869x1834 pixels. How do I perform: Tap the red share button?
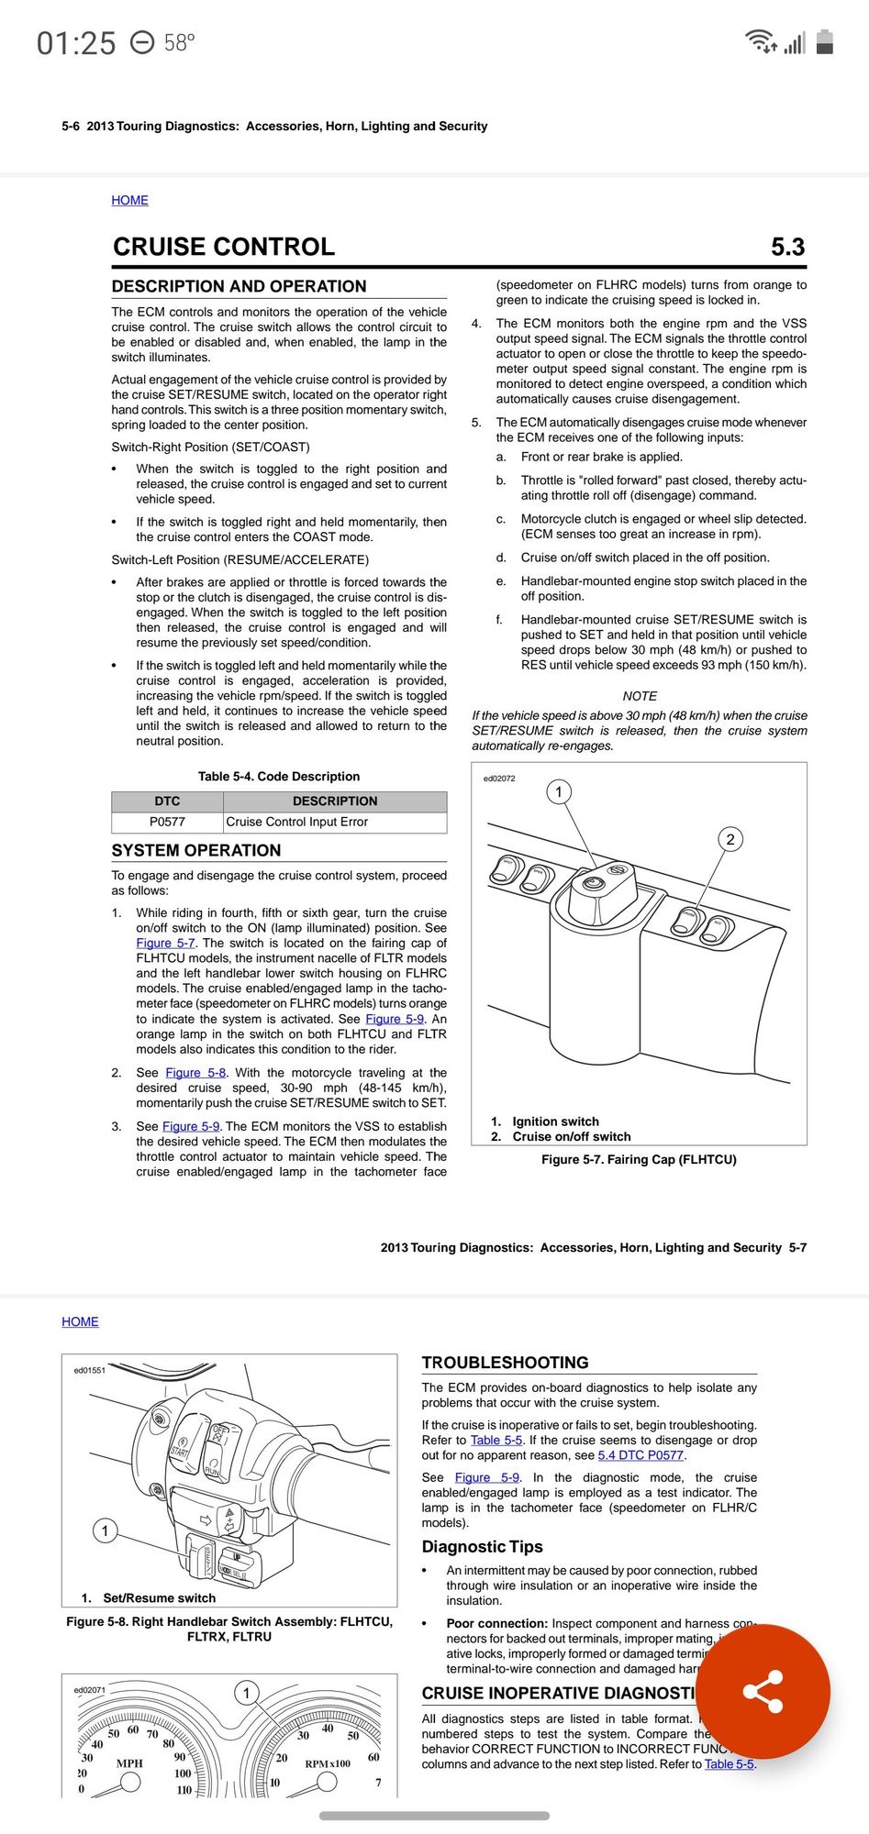tap(763, 1691)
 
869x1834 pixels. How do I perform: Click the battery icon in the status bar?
tap(824, 42)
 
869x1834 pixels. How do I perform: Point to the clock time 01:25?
tap(76, 43)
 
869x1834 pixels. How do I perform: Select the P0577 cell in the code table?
tap(167, 822)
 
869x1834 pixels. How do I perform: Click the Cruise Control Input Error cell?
tap(297, 822)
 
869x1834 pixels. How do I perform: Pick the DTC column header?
tap(167, 801)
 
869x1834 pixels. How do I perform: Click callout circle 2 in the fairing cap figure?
tap(730, 839)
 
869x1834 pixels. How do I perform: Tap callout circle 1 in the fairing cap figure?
tap(559, 791)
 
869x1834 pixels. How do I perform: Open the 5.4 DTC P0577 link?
tap(641, 1455)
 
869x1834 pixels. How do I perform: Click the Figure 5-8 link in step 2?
tap(195, 1072)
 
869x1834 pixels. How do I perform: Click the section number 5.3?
tap(787, 247)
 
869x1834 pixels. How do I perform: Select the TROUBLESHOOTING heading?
tap(505, 1363)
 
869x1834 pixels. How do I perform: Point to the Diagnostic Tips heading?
tap(482, 1547)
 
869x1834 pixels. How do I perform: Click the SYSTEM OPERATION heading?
tap(196, 850)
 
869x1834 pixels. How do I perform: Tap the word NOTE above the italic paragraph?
tap(640, 696)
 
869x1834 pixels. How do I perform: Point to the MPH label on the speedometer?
tap(129, 1763)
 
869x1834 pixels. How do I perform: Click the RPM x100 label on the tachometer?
tap(328, 1763)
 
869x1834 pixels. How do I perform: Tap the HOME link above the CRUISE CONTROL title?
tap(129, 200)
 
